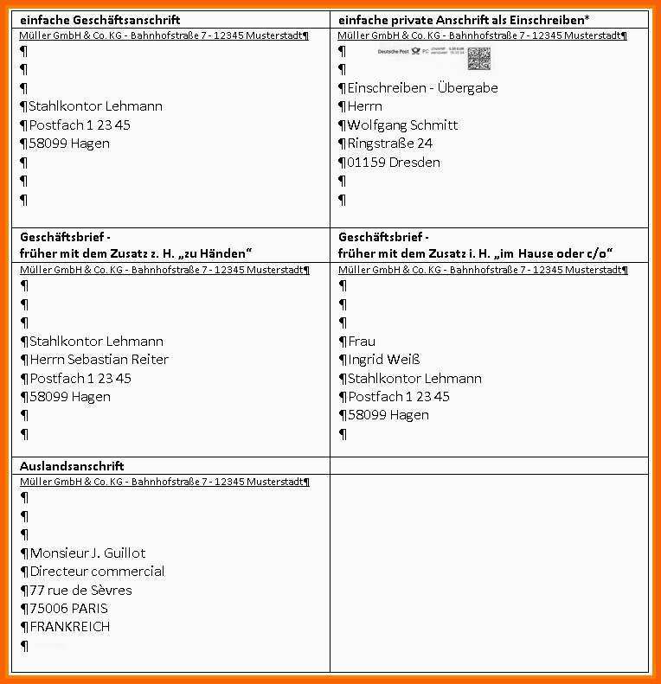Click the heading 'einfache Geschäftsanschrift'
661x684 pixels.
[x=100, y=19]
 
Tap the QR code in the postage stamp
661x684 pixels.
[x=479, y=58]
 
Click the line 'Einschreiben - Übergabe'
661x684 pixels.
[x=422, y=88]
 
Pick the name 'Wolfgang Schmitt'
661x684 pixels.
[x=402, y=125]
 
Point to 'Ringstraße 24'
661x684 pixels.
[x=389, y=144]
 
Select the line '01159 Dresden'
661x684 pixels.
[x=393, y=163]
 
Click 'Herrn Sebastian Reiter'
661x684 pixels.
[x=99, y=360]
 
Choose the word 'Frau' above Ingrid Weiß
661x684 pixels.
[x=362, y=342]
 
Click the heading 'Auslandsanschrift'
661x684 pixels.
[x=72, y=465]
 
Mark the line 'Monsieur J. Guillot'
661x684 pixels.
[x=87, y=553]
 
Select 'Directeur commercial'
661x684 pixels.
[x=97, y=572]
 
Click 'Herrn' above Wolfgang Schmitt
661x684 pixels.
[x=364, y=106]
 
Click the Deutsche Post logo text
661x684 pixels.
[x=397, y=53]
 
